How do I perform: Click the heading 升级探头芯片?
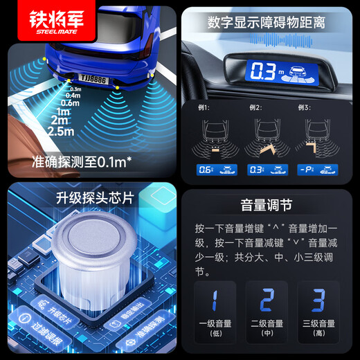click(x=89, y=199)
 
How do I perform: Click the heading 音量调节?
click(x=267, y=206)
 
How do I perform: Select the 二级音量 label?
click(x=266, y=324)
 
